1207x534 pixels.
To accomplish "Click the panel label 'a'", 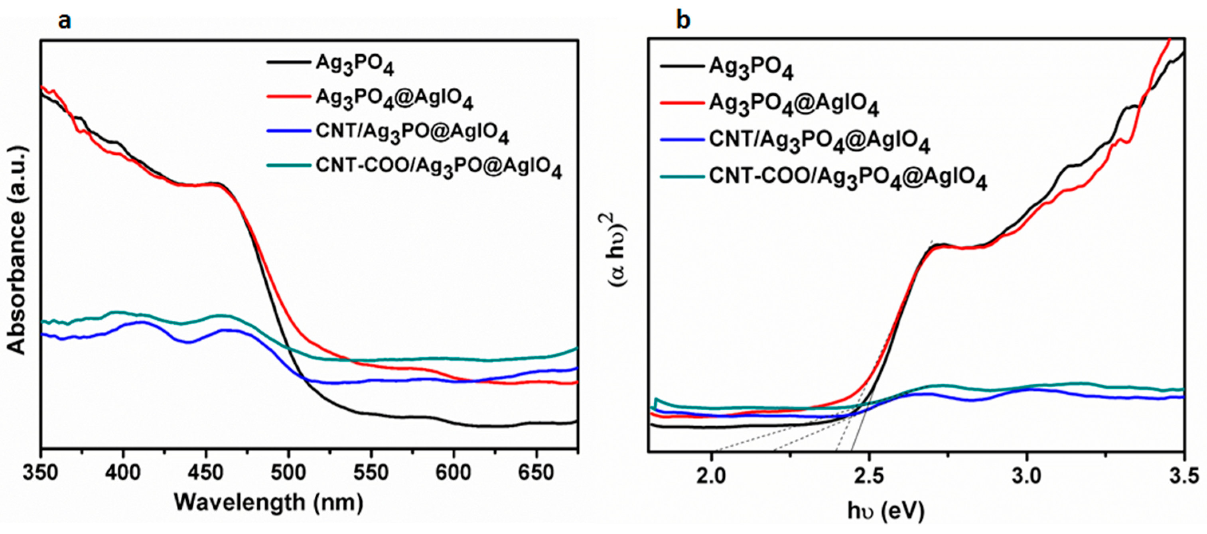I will coord(64,22).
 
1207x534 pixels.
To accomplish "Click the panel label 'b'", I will coord(683,21).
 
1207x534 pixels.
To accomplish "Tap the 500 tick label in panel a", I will coord(289,473).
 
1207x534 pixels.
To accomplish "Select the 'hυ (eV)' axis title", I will coord(886,510).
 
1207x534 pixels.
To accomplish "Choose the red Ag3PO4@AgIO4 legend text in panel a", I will coord(394,99).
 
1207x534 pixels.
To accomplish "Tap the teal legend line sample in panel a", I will coord(288,166).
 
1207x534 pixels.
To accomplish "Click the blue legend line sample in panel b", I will coord(682,140).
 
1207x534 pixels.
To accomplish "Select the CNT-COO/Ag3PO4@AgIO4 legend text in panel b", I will coord(848,179).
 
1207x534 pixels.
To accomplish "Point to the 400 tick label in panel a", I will coord(123,473).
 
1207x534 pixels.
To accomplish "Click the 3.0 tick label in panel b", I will coord(1027,477).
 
